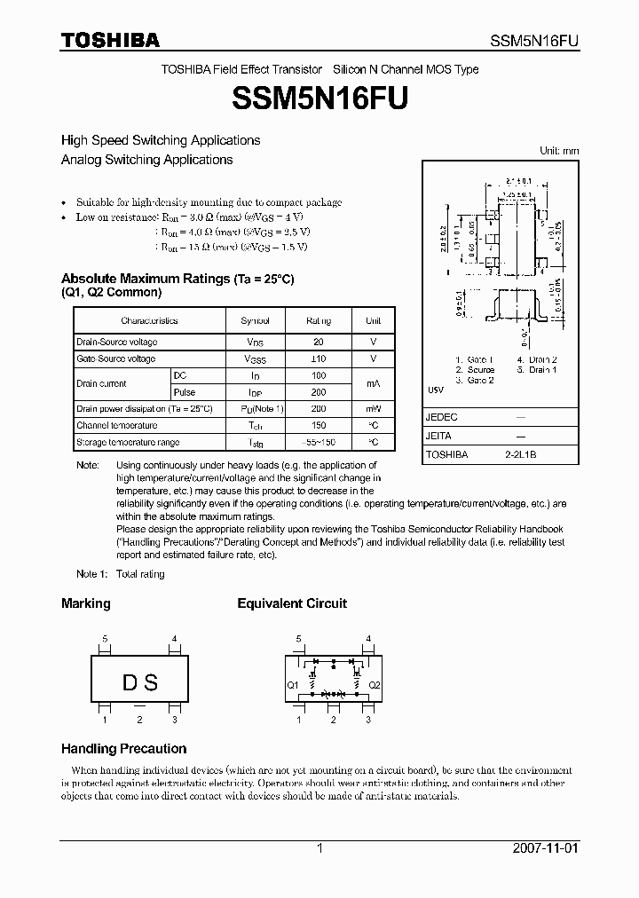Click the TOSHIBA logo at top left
(110, 40)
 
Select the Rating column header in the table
(319, 320)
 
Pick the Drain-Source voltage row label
(117, 342)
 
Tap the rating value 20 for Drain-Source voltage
(319, 342)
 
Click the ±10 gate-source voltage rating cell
(319, 358)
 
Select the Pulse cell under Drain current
(185, 392)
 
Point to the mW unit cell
(374, 409)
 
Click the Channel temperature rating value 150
(319, 426)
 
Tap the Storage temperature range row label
(128, 442)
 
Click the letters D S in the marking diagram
(139, 682)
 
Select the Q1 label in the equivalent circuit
(292, 685)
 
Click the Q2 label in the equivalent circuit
(375, 685)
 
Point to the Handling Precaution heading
(123, 748)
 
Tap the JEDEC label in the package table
(442, 417)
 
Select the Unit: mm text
(559, 151)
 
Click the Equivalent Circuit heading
(292, 603)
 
